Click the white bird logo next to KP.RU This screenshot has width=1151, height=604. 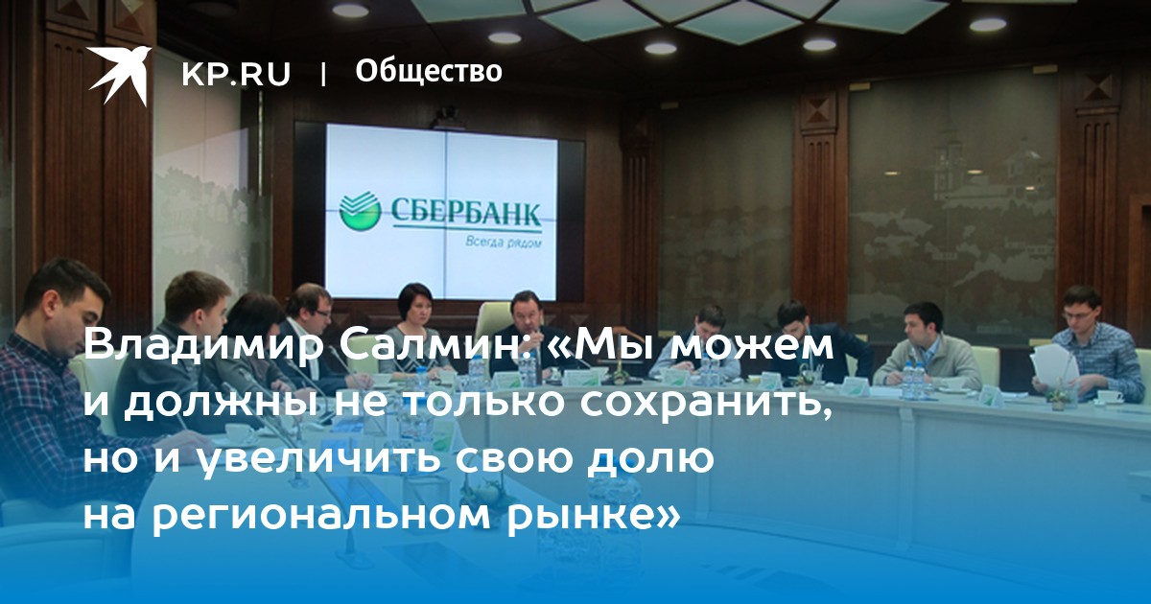click(119, 75)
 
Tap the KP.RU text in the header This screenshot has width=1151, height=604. click(236, 75)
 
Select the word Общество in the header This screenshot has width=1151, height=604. click(429, 71)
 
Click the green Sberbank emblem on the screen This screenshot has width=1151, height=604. click(360, 211)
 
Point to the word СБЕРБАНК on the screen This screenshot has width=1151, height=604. click(466, 212)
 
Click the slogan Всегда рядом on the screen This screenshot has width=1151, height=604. click(503, 241)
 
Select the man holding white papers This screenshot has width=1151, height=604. click(1084, 348)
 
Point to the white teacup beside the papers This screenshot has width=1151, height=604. click(1110, 397)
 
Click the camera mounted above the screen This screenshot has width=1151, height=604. click(448, 117)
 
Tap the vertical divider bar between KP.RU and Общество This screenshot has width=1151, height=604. click(323, 75)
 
